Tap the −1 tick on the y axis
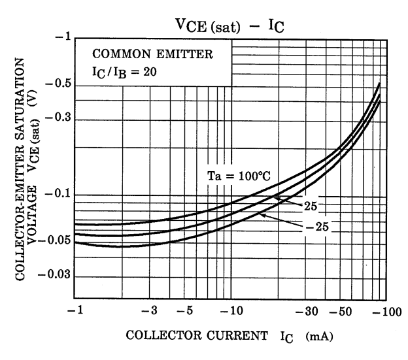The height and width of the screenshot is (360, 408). coord(61,37)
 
